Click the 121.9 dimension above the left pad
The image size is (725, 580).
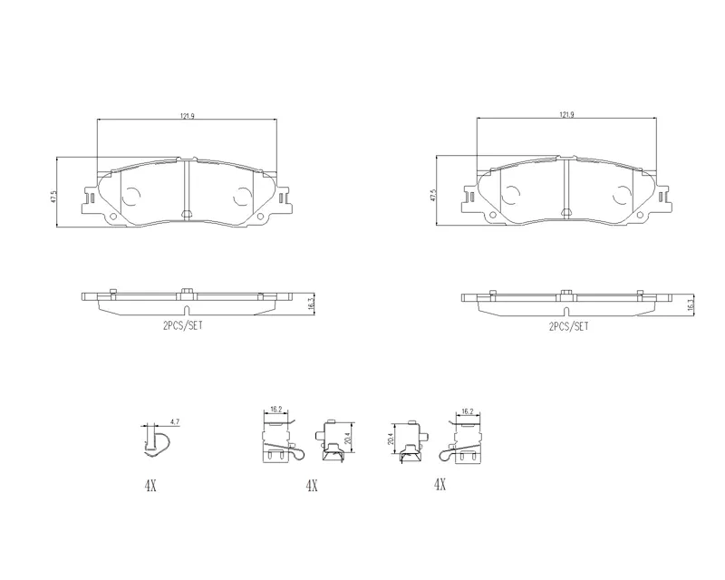tap(188, 116)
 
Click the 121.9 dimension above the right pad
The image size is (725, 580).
tap(567, 115)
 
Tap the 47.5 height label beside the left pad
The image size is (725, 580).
tap(53, 197)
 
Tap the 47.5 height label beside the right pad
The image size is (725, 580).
tap(433, 195)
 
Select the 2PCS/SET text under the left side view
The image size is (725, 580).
tap(183, 325)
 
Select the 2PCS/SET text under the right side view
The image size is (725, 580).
tap(569, 326)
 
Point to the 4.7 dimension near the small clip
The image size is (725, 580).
tap(175, 421)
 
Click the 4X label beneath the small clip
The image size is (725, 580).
tap(150, 486)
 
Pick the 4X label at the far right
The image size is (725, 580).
tap(440, 485)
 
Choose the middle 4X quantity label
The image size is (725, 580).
tap(312, 486)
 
